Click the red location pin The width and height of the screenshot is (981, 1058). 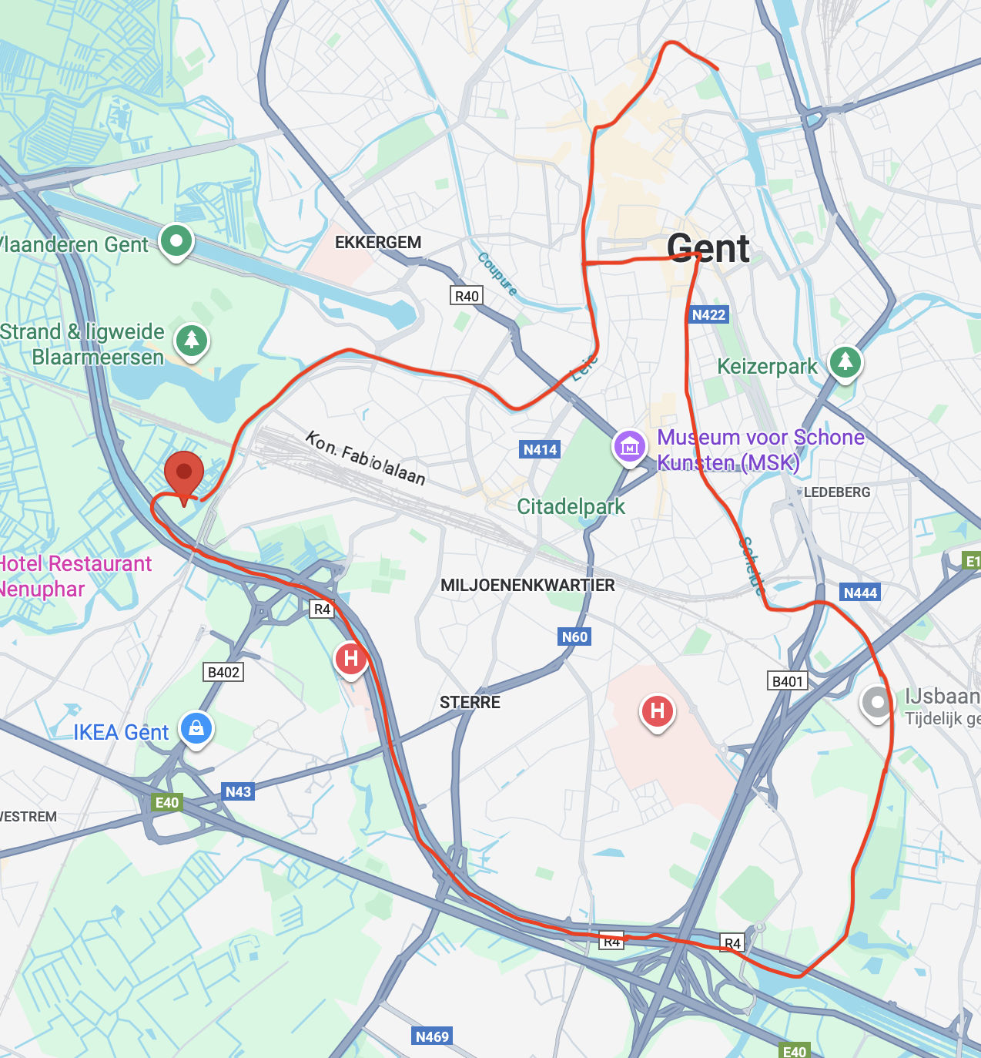tap(183, 474)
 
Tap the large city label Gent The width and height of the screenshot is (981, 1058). tap(708, 249)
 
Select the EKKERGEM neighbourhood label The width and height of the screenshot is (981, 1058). tap(378, 243)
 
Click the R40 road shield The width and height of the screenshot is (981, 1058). tap(467, 296)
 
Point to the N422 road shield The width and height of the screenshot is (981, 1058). tap(708, 314)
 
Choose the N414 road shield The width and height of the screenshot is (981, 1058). tap(540, 449)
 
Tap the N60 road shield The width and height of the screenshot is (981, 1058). tap(574, 636)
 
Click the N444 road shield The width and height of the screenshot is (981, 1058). tap(860, 593)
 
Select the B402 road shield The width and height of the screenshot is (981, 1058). tap(223, 672)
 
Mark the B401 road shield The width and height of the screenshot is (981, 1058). tap(788, 681)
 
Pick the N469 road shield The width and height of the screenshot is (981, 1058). tap(432, 1036)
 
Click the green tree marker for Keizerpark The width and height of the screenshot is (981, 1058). tap(845, 361)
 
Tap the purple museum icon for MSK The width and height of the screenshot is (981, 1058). tap(629, 446)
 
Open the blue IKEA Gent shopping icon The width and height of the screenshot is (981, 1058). tap(196, 727)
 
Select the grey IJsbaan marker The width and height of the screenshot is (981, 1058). tap(876, 702)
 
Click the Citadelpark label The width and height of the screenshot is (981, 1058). tap(571, 506)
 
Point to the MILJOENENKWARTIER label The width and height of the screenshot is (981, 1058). tap(527, 585)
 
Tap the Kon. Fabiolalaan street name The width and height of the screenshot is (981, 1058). tap(366, 458)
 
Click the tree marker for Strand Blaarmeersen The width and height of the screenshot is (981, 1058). tap(192, 340)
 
